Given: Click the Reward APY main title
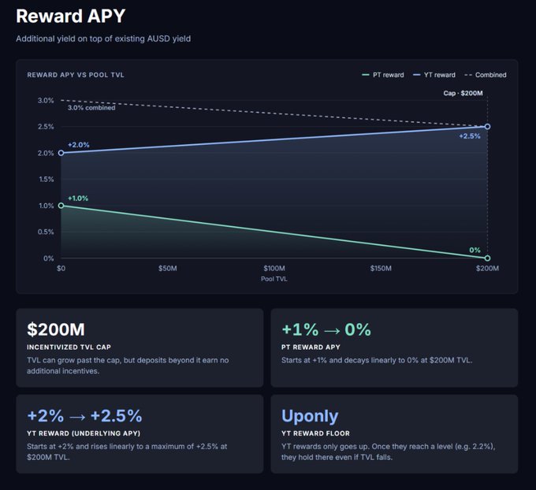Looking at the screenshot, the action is [x=71, y=16].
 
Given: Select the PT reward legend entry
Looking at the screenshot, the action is [x=383, y=75].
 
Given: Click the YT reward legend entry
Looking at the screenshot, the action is [x=434, y=75].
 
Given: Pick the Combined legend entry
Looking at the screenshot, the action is [x=486, y=75].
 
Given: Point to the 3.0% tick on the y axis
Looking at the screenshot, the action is [x=46, y=101].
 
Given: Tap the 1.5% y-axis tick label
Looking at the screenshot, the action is [x=47, y=180].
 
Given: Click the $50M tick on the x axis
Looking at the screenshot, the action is [x=167, y=268].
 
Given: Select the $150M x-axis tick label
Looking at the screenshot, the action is [x=381, y=268].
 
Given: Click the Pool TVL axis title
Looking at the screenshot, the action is [x=274, y=279].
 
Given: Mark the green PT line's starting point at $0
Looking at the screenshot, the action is [x=61, y=206].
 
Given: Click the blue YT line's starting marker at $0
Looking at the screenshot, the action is [x=61, y=153].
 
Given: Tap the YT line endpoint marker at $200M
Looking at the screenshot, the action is [x=487, y=126].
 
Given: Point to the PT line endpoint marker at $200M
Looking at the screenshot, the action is [x=487, y=258].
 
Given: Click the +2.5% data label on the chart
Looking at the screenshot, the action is [x=470, y=136].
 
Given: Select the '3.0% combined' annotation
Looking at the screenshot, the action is [x=91, y=108].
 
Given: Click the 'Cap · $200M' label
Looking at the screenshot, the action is [x=463, y=93].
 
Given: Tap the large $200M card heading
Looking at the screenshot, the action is [x=56, y=329].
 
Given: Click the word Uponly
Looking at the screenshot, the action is [x=310, y=416].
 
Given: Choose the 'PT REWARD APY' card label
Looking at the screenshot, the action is [x=311, y=347].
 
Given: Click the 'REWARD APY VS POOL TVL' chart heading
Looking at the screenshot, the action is [x=76, y=75].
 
